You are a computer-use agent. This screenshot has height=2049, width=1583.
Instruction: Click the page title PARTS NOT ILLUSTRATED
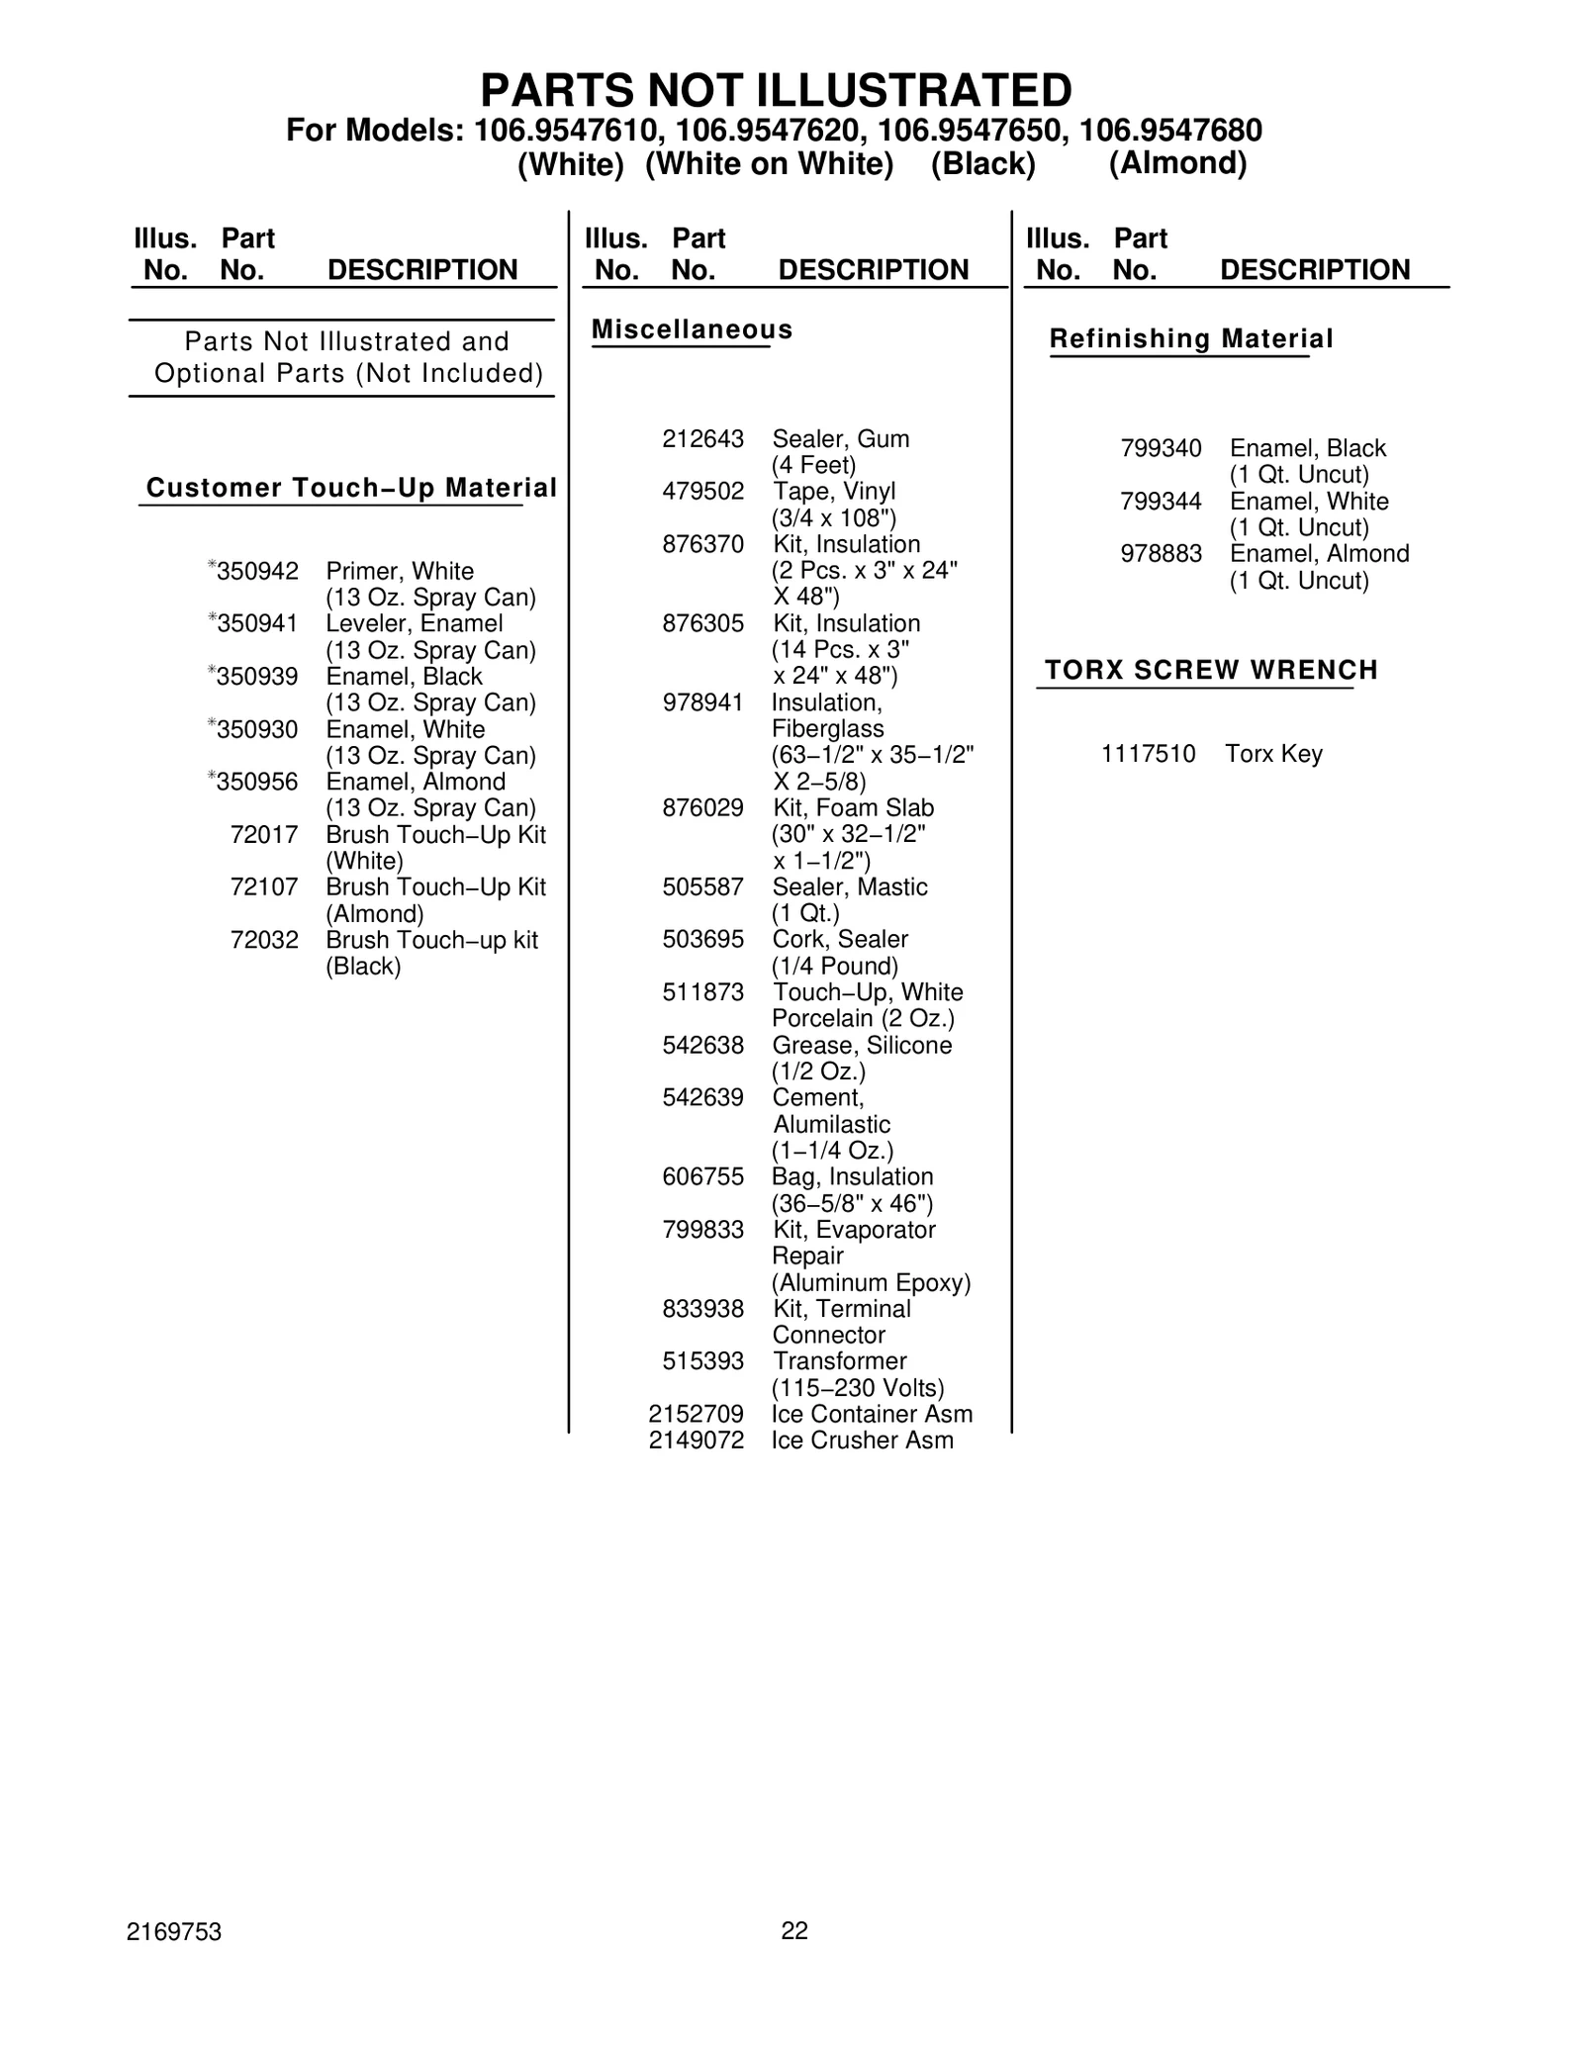(776, 90)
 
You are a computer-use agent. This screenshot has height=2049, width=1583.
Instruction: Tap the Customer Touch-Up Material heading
(351, 488)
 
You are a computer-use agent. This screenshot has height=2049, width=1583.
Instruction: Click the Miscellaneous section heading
(692, 329)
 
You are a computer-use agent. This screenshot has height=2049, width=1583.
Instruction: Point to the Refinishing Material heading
(1190, 339)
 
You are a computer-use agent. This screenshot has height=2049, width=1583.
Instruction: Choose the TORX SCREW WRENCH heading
(1211, 670)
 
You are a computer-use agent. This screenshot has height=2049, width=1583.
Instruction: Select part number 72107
(263, 887)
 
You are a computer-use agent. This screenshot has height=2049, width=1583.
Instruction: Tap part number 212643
(702, 438)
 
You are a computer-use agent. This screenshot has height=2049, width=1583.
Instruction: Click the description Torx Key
(1273, 754)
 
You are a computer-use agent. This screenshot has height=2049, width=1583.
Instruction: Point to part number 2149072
(696, 1441)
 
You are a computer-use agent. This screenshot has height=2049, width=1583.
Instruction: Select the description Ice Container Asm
(872, 1414)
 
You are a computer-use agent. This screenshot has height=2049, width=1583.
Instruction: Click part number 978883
(1161, 554)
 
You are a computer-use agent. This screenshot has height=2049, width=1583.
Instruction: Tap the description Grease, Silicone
(862, 1046)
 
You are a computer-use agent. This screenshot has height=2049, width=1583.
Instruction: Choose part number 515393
(702, 1361)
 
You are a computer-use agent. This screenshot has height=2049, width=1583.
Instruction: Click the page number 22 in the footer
(794, 1930)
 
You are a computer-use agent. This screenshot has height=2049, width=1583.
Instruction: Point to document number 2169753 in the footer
(174, 1932)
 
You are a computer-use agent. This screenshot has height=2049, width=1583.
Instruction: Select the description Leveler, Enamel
(414, 624)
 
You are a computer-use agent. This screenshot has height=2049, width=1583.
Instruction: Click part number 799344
(1161, 502)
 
